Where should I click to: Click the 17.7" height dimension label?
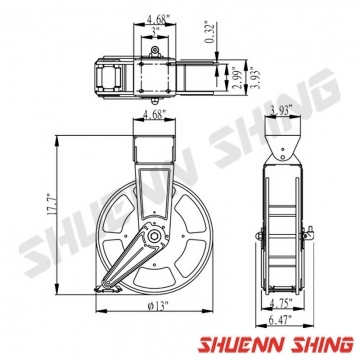[51, 204]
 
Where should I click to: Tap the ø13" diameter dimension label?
[158, 306]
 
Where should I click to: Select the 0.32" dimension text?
[209, 32]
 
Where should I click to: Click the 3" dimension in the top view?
[155, 31]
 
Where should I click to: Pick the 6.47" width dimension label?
[280, 320]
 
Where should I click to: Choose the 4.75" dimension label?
[281, 303]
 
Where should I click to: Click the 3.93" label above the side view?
[281, 109]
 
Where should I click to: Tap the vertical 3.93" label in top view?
[256, 78]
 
